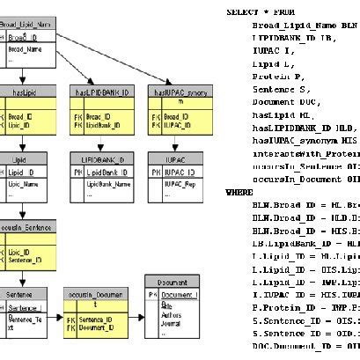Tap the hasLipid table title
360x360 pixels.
[23, 91]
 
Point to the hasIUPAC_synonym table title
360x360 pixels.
[178, 91]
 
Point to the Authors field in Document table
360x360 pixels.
[172, 312]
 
